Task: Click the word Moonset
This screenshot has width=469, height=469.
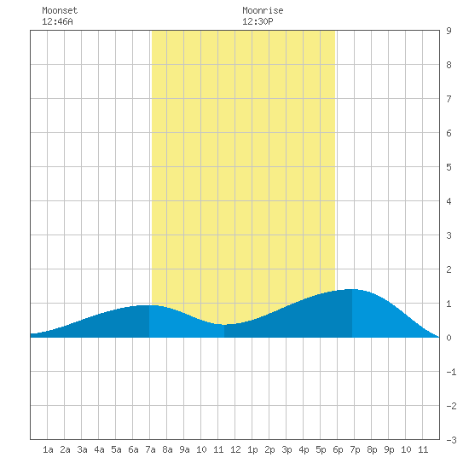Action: coord(60,10)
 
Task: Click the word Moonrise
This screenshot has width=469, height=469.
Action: coord(263,10)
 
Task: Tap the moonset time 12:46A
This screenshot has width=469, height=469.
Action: coord(57,21)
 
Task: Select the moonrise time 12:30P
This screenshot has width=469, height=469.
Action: coord(258,21)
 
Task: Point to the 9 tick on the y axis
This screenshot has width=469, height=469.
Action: coord(449,31)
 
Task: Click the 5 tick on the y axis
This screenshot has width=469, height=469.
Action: coord(449,167)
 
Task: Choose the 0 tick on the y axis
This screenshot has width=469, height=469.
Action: coord(449,338)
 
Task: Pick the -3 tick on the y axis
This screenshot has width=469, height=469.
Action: coord(451,440)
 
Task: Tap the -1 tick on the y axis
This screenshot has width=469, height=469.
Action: coord(451,372)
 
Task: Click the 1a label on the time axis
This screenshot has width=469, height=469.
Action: coord(48,449)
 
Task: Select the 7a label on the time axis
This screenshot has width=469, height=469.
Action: coord(150,449)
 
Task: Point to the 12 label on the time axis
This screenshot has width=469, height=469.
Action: coord(235,449)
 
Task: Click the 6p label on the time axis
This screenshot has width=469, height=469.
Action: coord(338,449)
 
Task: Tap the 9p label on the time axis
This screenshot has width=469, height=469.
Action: coord(389,449)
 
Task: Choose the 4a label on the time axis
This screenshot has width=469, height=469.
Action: coord(99,449)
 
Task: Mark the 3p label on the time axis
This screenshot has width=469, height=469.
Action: coord(287,449)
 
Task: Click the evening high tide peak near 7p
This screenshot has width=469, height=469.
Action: coord(352,289)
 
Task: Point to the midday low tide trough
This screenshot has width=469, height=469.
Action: coord(224,325)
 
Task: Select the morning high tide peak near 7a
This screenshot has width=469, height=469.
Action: coord(149,305)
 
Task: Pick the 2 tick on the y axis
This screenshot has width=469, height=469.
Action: coord(449,269)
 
